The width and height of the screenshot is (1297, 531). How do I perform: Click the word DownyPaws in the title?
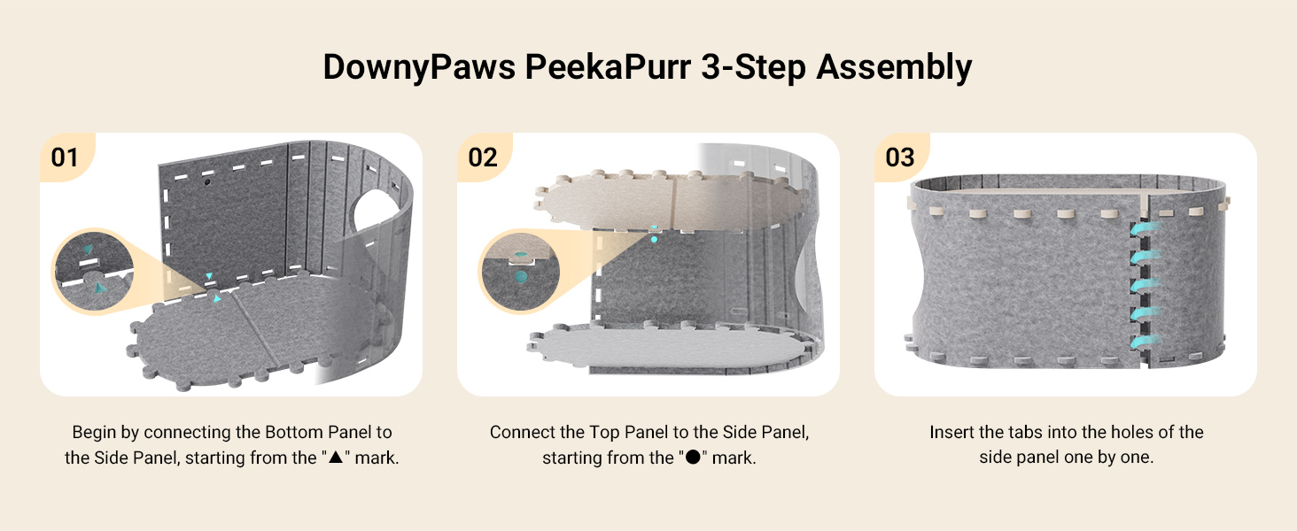coord(419,68)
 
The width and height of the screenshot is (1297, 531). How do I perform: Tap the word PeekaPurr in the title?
coord(608,67)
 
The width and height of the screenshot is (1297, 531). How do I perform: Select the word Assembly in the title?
coord(894,68)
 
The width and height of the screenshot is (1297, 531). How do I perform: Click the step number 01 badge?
coord(65,158)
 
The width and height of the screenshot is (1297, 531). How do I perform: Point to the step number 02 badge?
coord(482,158)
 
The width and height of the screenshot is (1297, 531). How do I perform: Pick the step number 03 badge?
coord(900,158)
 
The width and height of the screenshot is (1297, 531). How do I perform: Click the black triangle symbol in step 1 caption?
coord(336,457)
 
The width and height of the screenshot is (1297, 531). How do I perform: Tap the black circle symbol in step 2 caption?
coord(693,457)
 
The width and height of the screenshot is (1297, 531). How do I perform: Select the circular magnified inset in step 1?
coord(94,271)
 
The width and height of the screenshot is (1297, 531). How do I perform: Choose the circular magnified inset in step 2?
coord(521,272)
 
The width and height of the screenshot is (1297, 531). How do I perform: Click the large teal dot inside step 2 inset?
coord(521,276)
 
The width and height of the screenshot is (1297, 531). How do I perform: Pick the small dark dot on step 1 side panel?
coord(206,181)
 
